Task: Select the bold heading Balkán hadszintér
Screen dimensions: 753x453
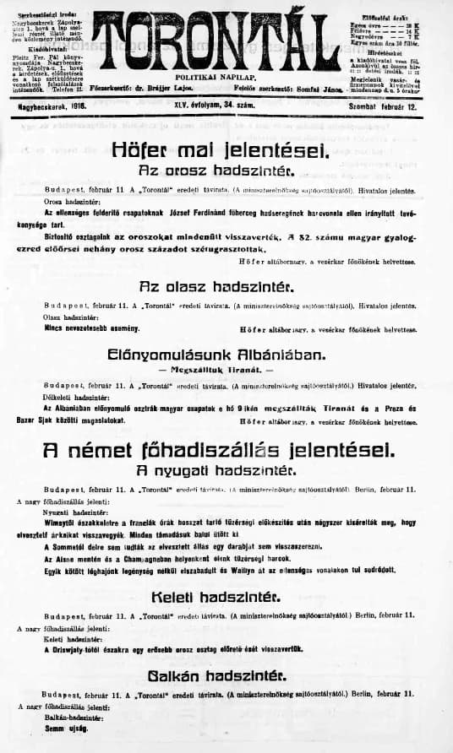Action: point(216,675)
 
